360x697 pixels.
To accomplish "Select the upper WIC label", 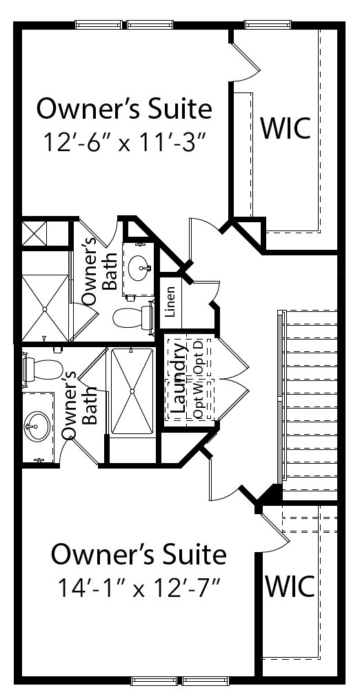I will click(285, 128).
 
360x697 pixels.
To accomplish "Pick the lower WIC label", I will click(290, 586).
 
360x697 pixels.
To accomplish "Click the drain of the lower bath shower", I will click(132, 391).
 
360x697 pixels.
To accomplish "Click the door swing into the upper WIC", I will click(245, 57).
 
